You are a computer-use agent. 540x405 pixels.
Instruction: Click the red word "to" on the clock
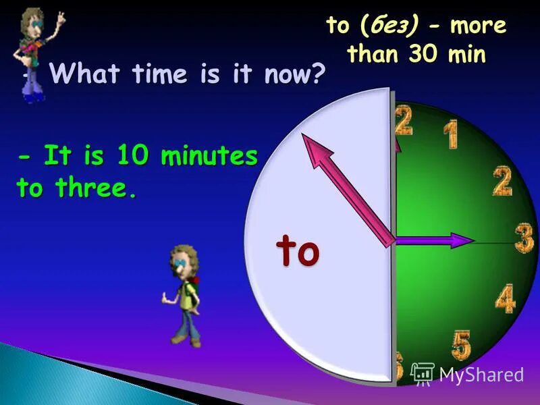click(x=297, y=251)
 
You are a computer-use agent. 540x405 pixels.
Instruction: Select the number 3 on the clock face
click(x=524, y=238)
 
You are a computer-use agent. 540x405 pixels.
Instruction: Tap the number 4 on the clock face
click(x=504, y=298)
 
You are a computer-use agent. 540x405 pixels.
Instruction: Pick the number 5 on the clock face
click(x=462, y=344)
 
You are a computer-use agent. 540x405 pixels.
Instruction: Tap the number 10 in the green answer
click(x=132, y=157)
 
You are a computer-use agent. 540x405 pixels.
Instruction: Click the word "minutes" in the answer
click(x=209, y=157)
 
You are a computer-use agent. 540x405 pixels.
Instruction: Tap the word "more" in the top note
click(x=477, y=26)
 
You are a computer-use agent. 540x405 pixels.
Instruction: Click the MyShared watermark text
click(x=481, y=374)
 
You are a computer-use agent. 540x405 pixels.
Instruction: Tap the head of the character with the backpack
click(x=184, y=260)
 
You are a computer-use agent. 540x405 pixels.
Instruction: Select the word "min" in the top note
click(x=468, y=53)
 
